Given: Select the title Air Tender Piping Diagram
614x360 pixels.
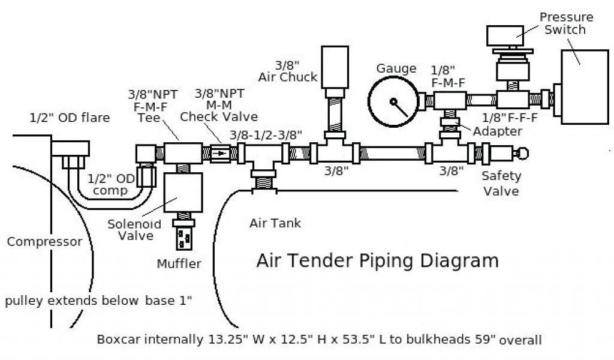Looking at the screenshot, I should pos(377,260).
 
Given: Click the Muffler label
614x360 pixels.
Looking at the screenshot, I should pos(179,263).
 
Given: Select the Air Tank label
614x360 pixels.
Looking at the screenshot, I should pos(275,223).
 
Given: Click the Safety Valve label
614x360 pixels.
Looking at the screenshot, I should pos(502,183).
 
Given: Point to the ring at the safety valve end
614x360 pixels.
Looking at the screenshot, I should pos(523,154).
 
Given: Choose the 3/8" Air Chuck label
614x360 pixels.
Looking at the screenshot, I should pos(288,70).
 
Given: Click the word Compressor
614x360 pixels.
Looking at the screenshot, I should pos(44,242).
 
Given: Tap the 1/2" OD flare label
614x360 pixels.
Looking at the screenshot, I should pos(70,118).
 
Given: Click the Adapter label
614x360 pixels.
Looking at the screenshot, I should pos(497,131).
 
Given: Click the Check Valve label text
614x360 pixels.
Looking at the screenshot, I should pos(219,116).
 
